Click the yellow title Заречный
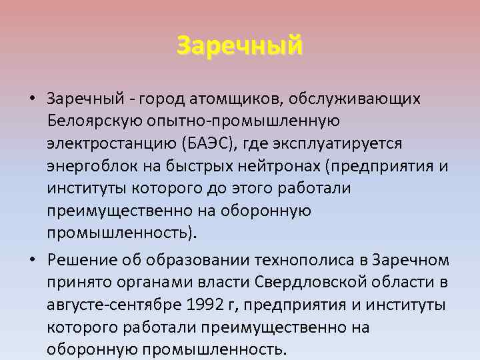[239, 45]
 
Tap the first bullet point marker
[32, 99]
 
